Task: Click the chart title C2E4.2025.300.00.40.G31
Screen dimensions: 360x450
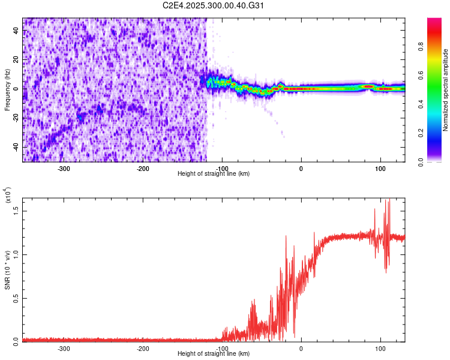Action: (x=214, y=5)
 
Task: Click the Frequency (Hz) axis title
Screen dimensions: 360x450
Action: (x=8, y=89)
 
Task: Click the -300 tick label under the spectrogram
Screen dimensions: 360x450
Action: (x=64, y=169)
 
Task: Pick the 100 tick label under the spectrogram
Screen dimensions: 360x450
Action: (x=380, y=169)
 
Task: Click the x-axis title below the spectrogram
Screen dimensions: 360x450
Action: (x=214, y=174)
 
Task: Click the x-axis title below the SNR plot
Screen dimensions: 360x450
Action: (x=214, y=354)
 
